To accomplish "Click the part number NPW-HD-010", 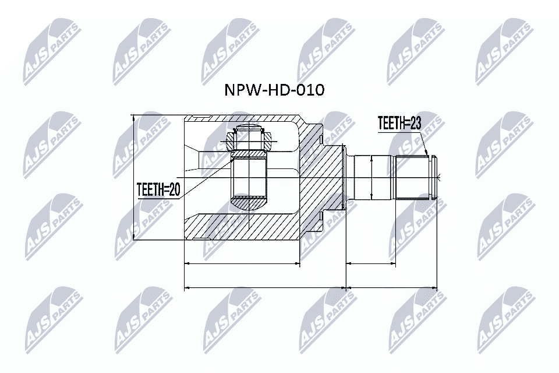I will click(x=274, y=90).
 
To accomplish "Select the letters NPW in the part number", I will click(x=240, y=90).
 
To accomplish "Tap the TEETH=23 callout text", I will click(x=399, y=123).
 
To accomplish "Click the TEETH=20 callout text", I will click(x=158, y=189).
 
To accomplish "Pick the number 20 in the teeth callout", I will click(x=173, y=189).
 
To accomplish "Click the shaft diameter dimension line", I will click(x=371, y=177).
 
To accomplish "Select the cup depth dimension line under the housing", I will click(x=242, y=263).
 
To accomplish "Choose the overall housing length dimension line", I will click(x=265, y=287).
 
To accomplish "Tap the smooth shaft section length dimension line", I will click(x=372, y=263).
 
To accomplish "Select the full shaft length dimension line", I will click(x=392, y=287).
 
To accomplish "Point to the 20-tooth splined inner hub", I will click(x=250, y=178).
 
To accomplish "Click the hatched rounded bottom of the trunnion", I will click(x=250, y=204).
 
